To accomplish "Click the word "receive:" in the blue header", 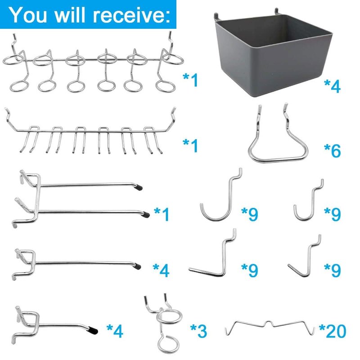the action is pyautogui.click(x=131, y=14).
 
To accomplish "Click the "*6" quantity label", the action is pyautogui.click(x=332, y=150).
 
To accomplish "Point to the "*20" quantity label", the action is pyautogui.click(x=333, y=331).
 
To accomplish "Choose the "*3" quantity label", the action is pyautogui.click(x=199, y=331).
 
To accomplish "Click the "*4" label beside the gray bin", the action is pyautogui.click(x=332, y=86).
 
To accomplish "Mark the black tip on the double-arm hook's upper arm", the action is pyautogui.click(x=139, y=187).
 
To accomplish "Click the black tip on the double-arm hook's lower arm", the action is pyautogui.click(x=146, y=215).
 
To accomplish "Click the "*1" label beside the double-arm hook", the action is pyautogui.click(x=162, y=214).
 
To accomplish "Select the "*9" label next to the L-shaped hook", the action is pyautogui.click(x=250, y=270).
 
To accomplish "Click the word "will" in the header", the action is pyautogui.click(x=70, y=14).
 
